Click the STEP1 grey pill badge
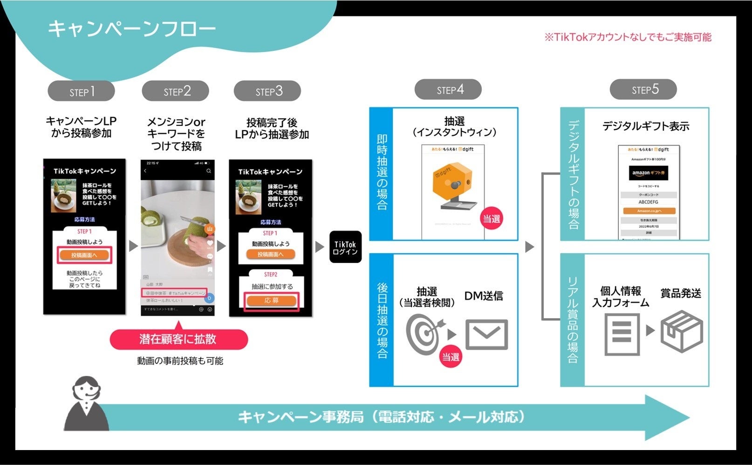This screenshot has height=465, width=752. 81,91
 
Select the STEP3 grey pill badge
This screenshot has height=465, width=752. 267,91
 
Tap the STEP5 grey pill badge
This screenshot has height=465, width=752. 643,90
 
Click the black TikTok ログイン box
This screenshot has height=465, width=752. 345,247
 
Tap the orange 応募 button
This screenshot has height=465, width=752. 271,301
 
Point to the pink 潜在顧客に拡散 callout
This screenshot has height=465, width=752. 178,339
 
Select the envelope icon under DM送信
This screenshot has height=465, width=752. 486,334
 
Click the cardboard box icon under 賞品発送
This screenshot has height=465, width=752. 681,332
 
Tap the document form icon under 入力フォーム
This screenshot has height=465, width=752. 622,334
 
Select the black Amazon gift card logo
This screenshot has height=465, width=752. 649,173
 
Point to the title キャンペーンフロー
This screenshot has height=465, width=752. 132,28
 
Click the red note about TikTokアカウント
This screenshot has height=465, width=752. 628,37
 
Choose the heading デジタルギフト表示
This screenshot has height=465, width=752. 645,126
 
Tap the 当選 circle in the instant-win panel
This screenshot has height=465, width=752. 491,219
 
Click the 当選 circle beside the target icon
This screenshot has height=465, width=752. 451,357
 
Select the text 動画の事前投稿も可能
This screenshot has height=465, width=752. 180,361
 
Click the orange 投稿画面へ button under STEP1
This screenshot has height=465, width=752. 84,255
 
